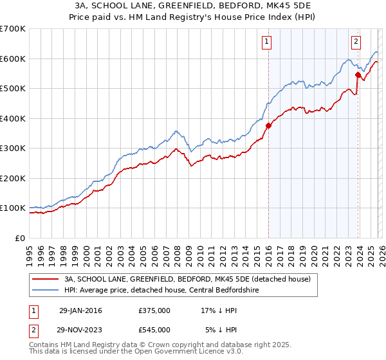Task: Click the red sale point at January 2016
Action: point(268,126)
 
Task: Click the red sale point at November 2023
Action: point(358,75)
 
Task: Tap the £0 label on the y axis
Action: point(19,238)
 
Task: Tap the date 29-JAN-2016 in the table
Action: point(80,310)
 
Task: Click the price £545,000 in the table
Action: point(154,329)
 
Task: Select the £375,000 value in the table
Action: point(154,310)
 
